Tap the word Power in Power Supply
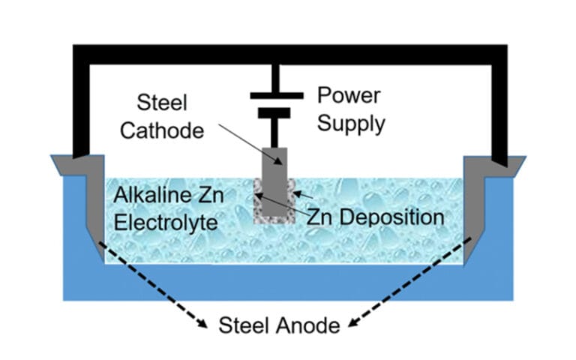(349, 96)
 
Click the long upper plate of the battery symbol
(276, 95)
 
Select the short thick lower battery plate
(276, 114)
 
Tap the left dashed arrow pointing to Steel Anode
(150, 281)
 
